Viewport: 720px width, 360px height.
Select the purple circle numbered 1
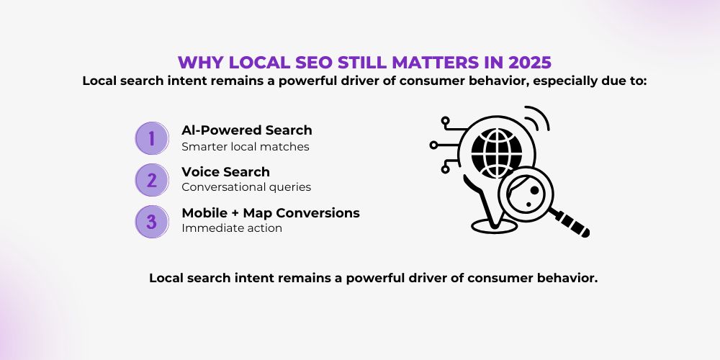click(x=152, y=138)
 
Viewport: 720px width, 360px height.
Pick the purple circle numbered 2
click(x=152, y=180)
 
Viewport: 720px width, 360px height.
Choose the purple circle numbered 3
click(x=152, y=221)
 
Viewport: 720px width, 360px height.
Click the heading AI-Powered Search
click(x=246, y=130)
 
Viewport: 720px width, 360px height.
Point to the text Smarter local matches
click(x=246, y=146)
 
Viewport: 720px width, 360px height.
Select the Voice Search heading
click(x=225, y=172)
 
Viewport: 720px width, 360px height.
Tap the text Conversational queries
click(x=246, y=187)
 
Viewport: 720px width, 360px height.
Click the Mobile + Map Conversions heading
click(x=271, y=213)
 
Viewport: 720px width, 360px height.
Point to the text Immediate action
click(x=232, y=228)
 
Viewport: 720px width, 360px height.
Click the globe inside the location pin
click(x=497, y=147)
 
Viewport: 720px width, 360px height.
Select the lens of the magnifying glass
click(x=526, y=194)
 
